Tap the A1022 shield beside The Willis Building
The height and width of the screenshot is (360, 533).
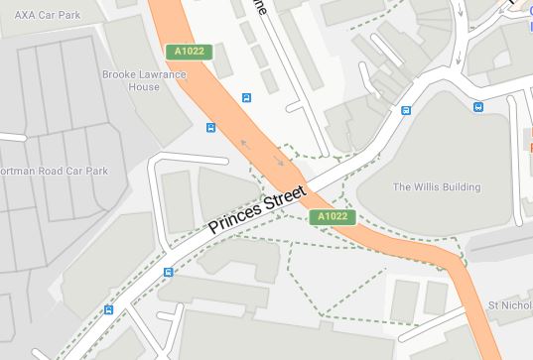click(x=331, y=216)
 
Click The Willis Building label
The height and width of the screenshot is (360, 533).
click(x=437, y=186)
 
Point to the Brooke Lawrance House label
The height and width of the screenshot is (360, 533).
click(x=144, y=80)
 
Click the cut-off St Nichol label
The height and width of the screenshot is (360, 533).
click(x=510, y=304)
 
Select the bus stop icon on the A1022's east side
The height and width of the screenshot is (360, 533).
click(x=246, y=97)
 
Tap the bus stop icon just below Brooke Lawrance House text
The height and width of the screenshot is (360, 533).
click(x=210, y=127)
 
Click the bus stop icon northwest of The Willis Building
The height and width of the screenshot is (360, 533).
click(x=405, y=110)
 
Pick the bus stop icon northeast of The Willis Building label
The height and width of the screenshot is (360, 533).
click(x=477, y=107)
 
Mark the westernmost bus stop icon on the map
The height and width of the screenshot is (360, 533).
click(x=108, y=308)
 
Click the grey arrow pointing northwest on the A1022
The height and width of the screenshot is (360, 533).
click(x=244, y=145)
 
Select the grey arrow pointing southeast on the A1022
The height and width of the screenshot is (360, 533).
click(x=279, y=161)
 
